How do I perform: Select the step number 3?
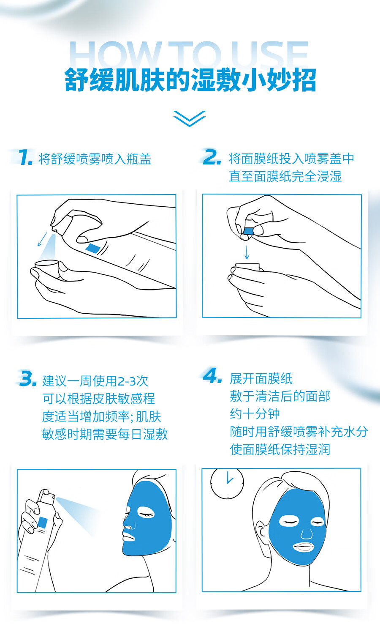(28, 379)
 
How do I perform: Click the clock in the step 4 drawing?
(227, 483)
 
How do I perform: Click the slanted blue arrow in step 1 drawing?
(42, 239)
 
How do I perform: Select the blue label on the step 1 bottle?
(92, 248)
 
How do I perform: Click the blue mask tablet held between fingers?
(248, 231)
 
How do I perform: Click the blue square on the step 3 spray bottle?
(43, 523)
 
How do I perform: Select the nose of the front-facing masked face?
(307, 533)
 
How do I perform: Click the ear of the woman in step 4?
(261, 533)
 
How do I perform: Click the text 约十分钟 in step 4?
(255, 414)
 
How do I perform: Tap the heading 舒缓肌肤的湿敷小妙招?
(190, 80)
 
